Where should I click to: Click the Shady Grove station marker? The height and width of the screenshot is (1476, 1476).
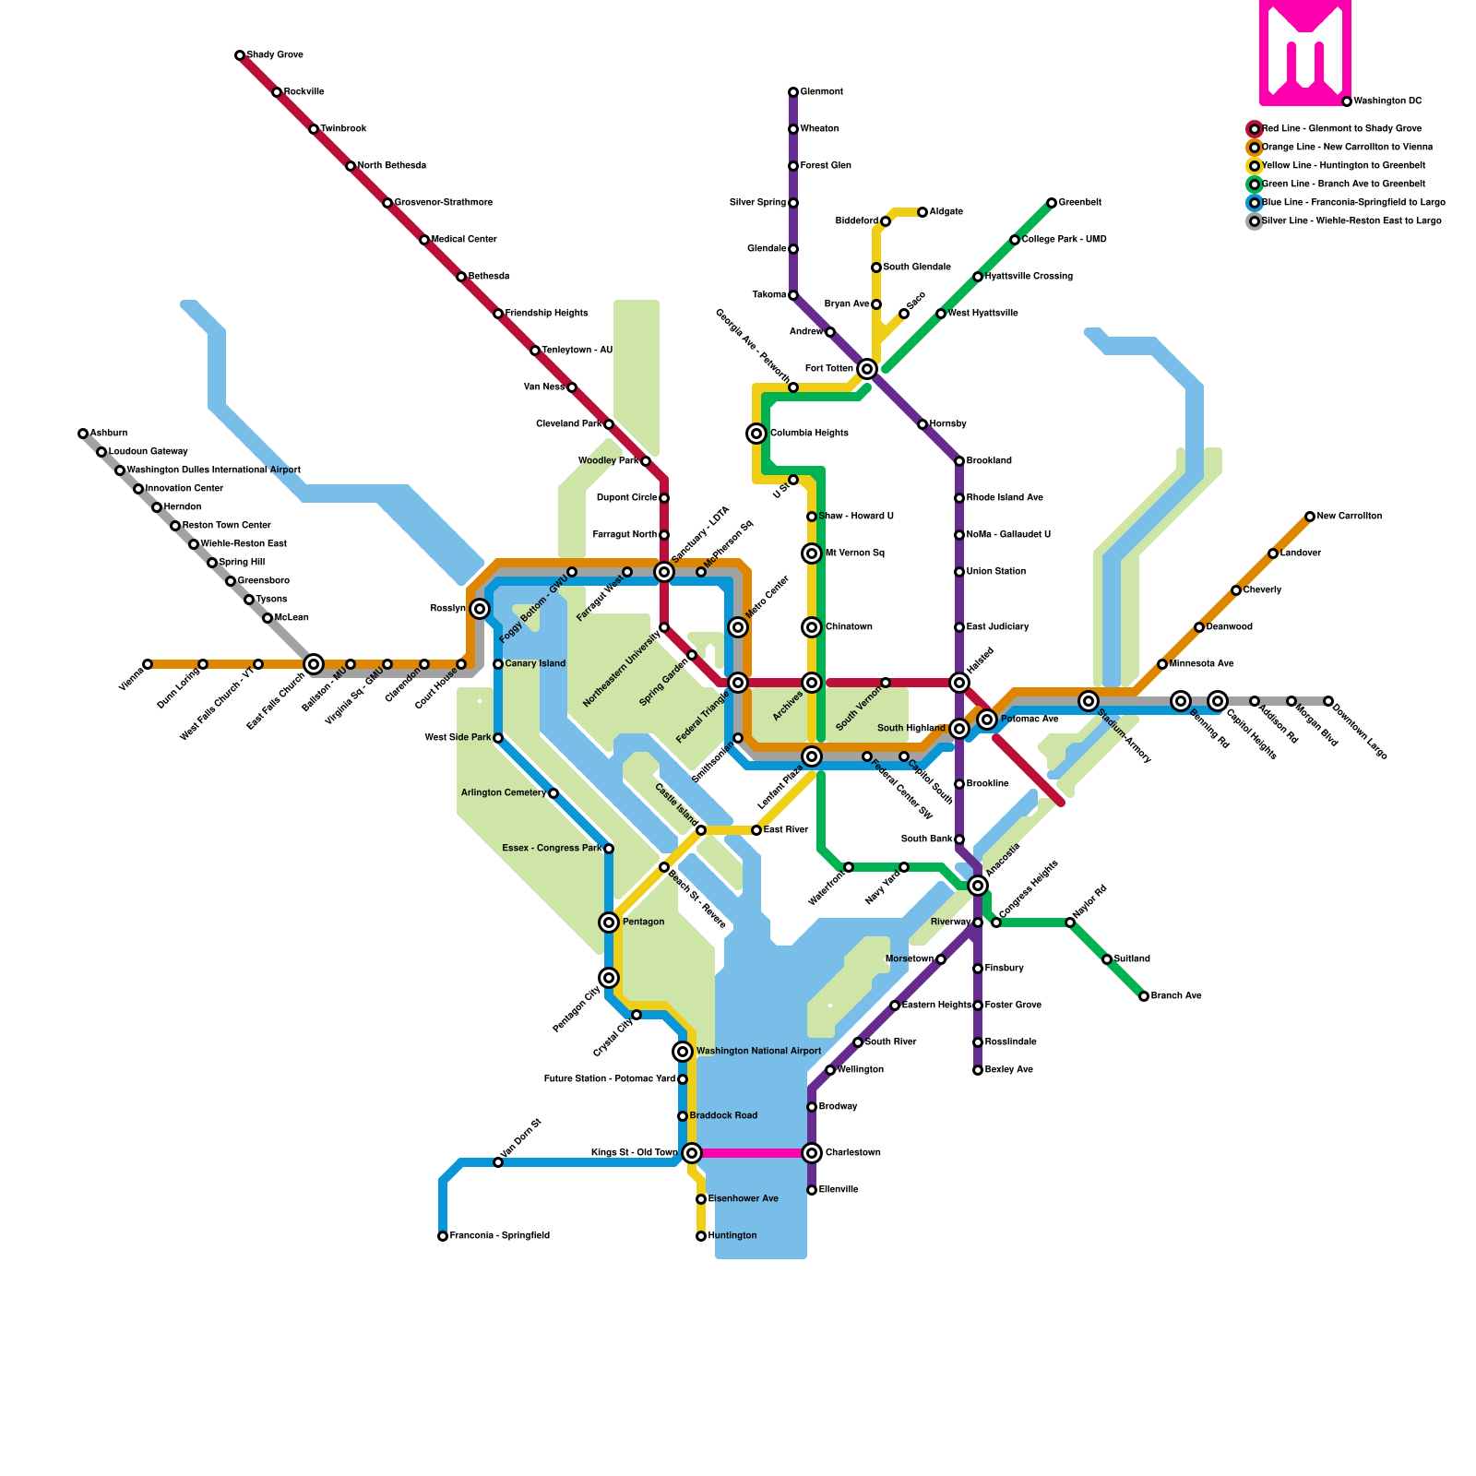240,55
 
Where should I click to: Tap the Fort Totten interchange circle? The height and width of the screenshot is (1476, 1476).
867,369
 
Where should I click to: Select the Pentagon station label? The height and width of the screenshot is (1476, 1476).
643,922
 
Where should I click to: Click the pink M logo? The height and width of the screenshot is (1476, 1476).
1305,53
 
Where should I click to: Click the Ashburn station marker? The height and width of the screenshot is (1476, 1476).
83,434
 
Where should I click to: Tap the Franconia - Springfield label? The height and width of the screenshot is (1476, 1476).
499,1235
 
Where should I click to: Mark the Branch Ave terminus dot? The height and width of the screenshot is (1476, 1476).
1144,996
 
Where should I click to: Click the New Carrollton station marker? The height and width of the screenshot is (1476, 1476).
1310,517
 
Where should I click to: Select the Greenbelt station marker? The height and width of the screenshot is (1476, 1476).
1052,203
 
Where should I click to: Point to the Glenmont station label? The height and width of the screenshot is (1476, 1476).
821,92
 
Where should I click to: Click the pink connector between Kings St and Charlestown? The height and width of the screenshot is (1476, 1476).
752,1153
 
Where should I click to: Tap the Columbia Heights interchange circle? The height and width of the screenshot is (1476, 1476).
756,434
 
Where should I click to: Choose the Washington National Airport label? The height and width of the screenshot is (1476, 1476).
758,1051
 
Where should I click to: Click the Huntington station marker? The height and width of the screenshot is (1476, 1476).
701,1236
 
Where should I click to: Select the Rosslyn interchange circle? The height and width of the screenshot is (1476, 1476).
480,609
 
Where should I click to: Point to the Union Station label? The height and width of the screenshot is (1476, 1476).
996,572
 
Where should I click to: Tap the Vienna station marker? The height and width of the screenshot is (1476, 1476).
148,664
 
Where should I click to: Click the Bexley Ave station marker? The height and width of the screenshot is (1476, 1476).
978,1070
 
